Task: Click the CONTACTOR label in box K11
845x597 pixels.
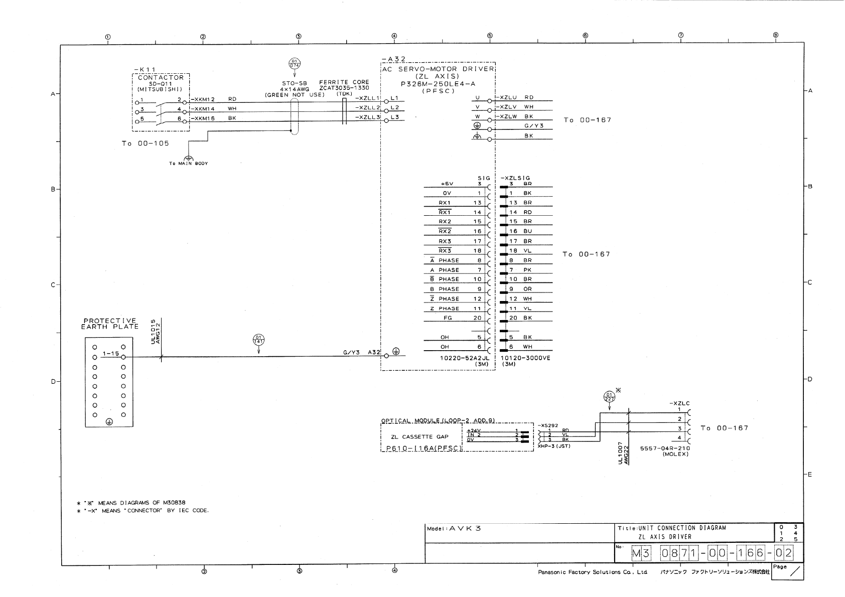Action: [x=161, y=78]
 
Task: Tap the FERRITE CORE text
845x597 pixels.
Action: [x=344, y=82]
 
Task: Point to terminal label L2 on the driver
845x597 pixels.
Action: [x=394, y=108]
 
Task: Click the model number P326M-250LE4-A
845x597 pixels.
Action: [x=438, y=84]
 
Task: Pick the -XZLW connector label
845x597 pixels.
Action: [x=507, y=116]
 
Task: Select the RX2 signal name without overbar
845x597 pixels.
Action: [x=445, y=222]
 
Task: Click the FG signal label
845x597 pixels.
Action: [x=448, y=318]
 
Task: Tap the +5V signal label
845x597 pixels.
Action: [x=447, y=184]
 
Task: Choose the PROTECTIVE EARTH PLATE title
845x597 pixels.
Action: [x=110, y=324]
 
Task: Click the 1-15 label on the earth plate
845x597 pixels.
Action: [x=110, y=354]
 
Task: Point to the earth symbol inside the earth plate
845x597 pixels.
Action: [x=109, y=422]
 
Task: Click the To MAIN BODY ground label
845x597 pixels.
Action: [x=188, y=164]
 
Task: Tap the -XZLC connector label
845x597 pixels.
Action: [x=679, y=403]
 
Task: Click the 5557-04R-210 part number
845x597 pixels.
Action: [x=664, y=449]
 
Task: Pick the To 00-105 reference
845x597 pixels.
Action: [x=145, y=143]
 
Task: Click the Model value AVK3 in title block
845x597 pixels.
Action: [x=465, y=528]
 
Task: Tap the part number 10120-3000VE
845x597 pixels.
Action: [x=525, y=358]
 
